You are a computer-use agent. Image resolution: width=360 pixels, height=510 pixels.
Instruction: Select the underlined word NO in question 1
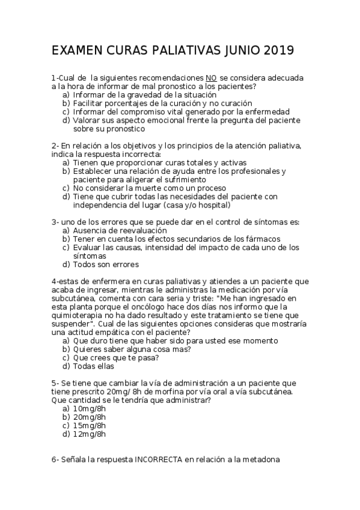coord(211,78)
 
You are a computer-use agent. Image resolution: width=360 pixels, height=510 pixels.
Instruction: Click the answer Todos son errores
coord(106,264)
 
